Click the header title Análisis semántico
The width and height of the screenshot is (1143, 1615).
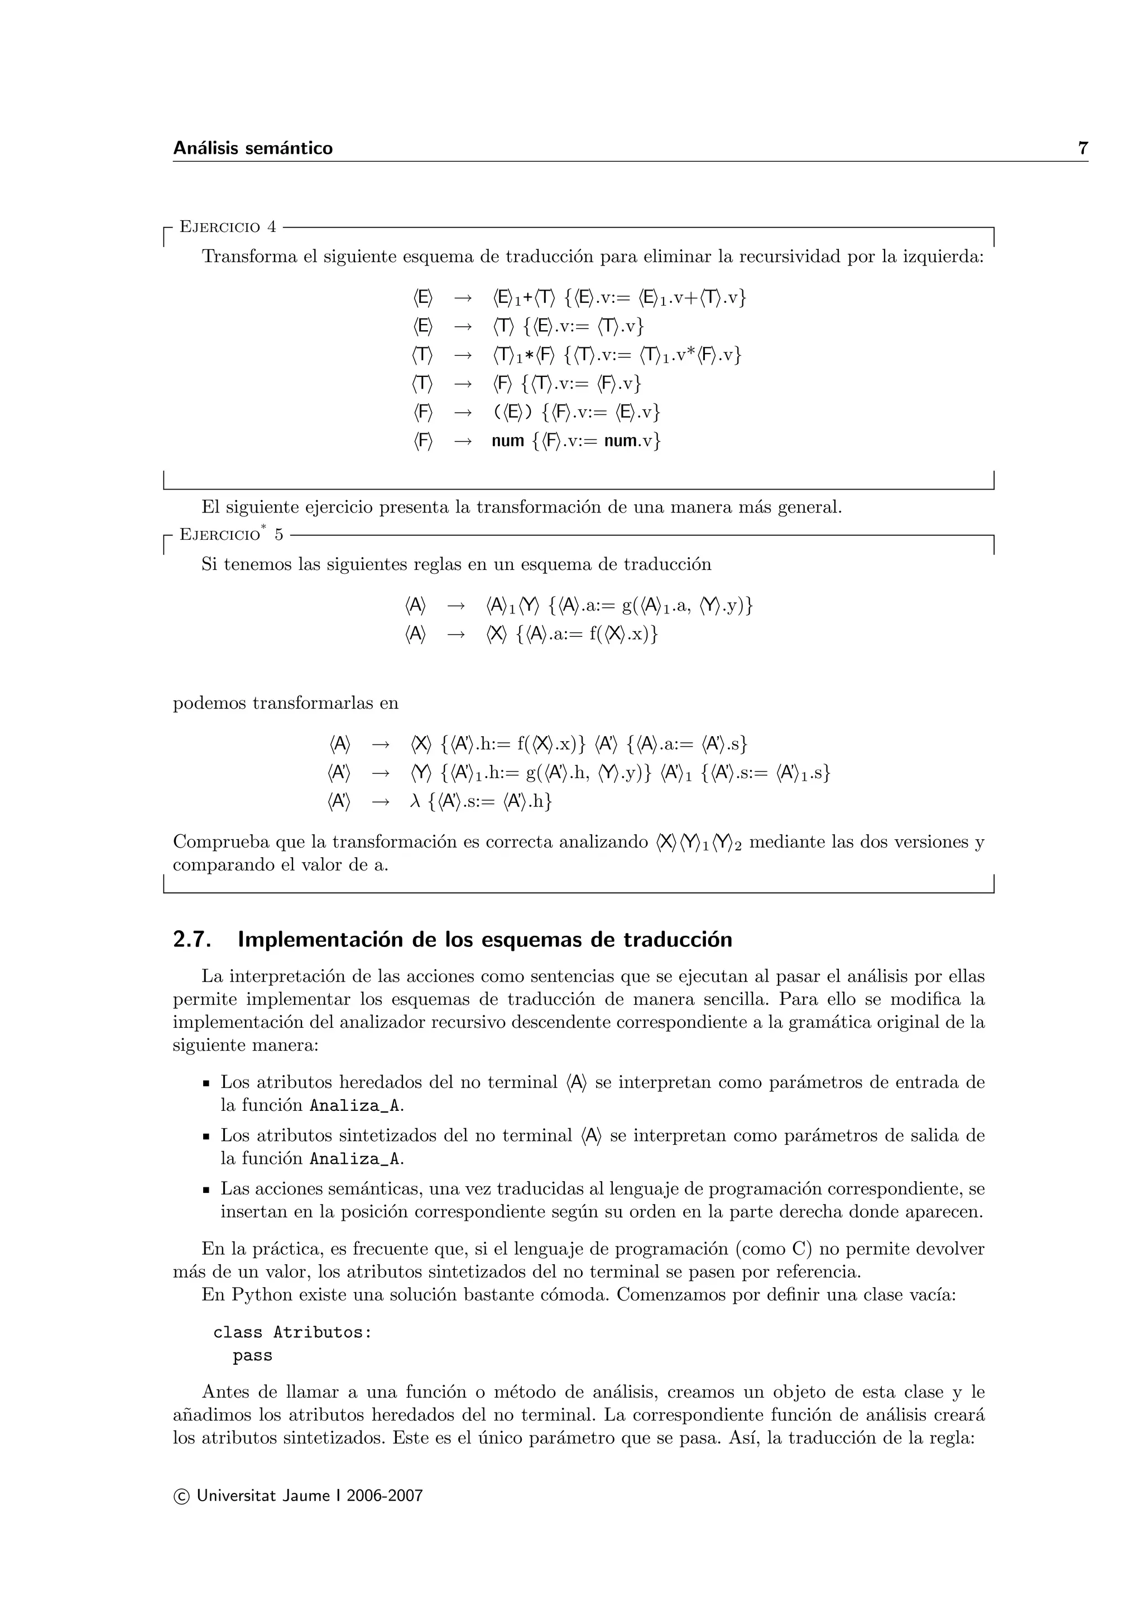pyautogui.click(x=253, y=148)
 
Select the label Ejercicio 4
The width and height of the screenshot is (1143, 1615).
pyautogui.click(x=228, y=227)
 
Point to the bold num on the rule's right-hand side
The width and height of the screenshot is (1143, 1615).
pyautogui.click(x=508, y=442)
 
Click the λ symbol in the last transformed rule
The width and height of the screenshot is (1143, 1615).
pyautogui.click(x=415, y=801)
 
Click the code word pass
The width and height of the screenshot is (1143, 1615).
pyautogui.click(x=253, y=1356)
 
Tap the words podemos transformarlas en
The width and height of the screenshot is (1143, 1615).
pyautogui.click(x=286, y=703)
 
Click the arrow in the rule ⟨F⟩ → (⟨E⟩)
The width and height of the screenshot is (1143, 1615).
pyautogui.click(x=463, y=412)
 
